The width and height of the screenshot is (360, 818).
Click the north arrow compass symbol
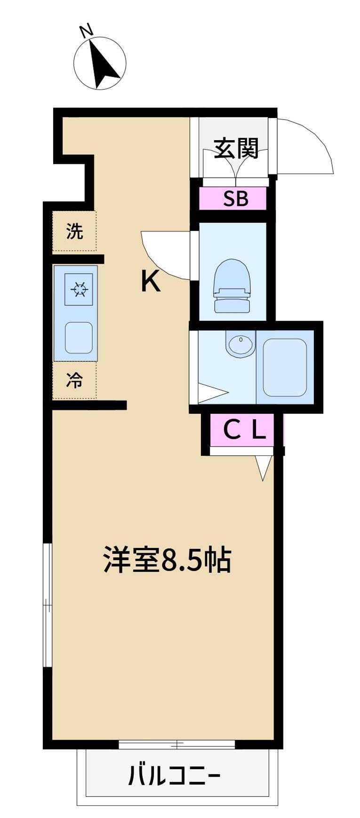[100, 63]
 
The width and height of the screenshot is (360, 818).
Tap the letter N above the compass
[86, 31]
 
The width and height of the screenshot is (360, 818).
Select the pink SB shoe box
[235, 199]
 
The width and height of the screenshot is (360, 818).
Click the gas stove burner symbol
[78, 288]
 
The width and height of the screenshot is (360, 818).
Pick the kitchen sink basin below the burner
[78, 337]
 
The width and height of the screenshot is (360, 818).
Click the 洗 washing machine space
[74, 231]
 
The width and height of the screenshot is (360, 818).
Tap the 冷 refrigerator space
[74, 380]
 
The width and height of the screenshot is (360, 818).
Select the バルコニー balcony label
[174, 775]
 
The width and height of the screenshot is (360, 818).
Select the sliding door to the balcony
[176, 744]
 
